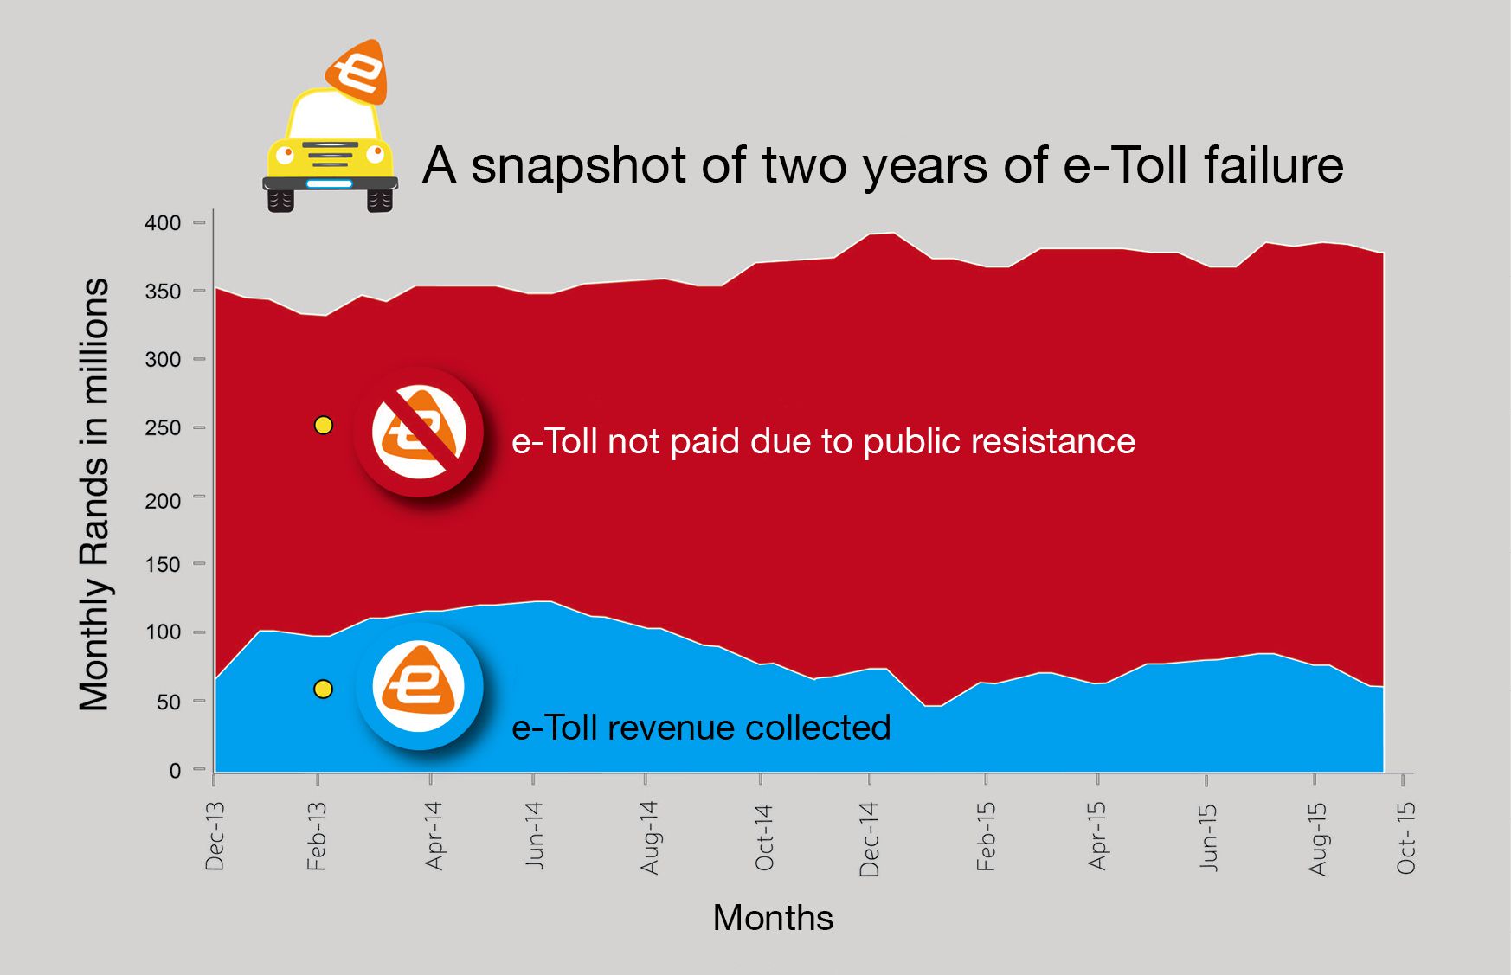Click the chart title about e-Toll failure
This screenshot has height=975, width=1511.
883,164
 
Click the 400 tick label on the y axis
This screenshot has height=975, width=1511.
163,223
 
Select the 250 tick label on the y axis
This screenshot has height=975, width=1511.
163,427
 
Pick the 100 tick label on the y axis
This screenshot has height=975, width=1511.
163,632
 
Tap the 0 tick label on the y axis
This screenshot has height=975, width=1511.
175,770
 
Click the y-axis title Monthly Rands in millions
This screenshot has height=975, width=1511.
94,495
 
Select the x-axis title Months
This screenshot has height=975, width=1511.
773,918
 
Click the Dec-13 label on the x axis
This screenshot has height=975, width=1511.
215,836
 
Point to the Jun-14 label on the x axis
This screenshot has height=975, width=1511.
534,835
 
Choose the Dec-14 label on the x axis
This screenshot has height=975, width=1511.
869,838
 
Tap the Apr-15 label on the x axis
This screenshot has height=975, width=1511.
1097,836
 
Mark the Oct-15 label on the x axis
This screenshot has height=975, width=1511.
1406,837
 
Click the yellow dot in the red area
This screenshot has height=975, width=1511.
323,426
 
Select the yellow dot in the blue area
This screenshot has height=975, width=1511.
323,690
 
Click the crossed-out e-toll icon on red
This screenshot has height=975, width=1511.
419,432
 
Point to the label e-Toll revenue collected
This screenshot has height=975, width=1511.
701,728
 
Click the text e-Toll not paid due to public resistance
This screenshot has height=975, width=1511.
823,441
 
